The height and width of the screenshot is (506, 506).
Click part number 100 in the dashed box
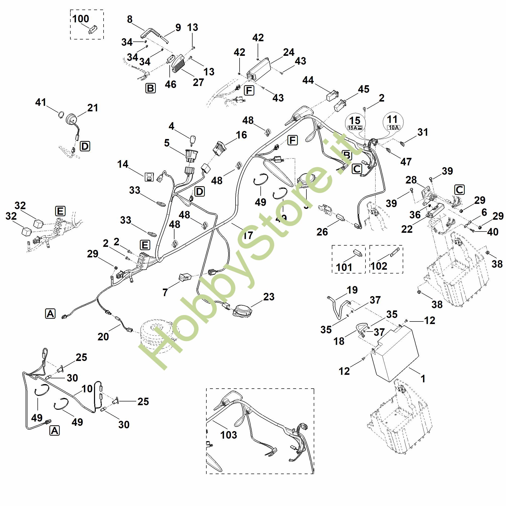tap(81, 19)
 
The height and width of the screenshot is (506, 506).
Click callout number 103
tap(229, 435)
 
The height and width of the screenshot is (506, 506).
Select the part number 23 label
tap(269, 297)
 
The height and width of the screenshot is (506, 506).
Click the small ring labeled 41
tap(61, 114)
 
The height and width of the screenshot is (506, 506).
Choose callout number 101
tap(344, 267)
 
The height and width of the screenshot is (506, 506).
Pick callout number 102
tap(379, 266)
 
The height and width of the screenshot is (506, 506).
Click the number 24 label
tap(289, 52)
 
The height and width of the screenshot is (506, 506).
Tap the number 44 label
tap(308, 80)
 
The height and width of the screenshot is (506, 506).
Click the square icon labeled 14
tap(149, 177)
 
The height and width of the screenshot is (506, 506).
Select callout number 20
tap(103, 337)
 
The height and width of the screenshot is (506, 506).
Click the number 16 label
tap(241, 135)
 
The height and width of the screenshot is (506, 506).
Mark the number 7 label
tap(165, 292)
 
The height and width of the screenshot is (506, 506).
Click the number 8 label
tap(130, 19)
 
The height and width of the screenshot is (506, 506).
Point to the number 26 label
tap(322, 232)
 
